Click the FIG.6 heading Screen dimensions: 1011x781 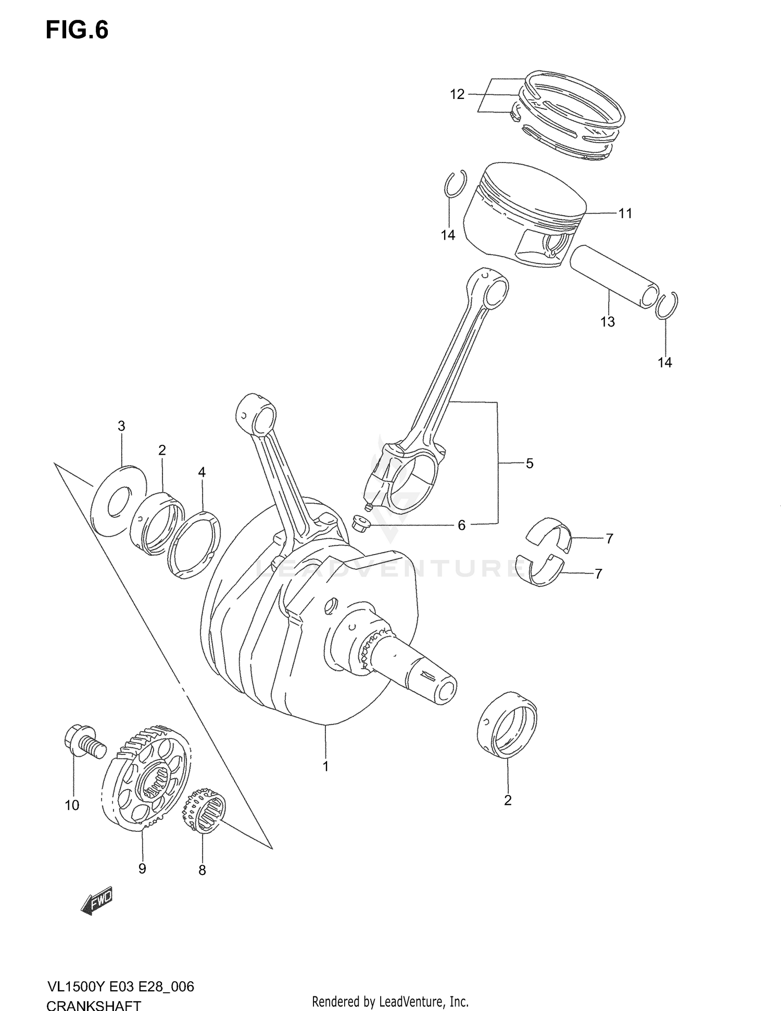coord(77,30)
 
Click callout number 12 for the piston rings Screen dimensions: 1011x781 coord(457,95)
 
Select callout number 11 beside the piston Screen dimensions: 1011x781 coord(625,214)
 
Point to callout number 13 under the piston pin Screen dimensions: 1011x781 coord(608,322)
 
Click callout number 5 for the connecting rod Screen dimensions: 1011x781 coord(530,463)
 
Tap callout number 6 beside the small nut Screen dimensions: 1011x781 coord(461,525)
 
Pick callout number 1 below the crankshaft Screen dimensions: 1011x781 coord(326,767)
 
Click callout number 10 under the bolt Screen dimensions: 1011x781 coord(72,805)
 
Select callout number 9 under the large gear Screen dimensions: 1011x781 coord(142,868)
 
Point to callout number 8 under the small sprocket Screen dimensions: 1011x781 coord(202,870)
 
